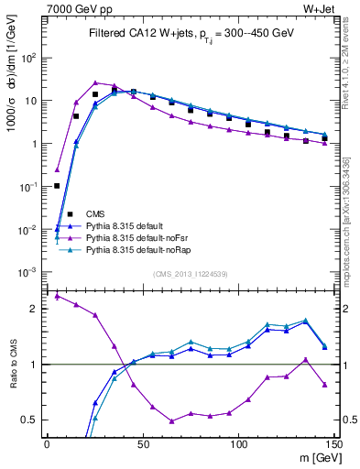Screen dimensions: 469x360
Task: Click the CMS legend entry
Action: pyautogui.click(x=95, y=213)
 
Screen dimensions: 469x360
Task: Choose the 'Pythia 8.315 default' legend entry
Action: pyautogui.click(x=129, y=224)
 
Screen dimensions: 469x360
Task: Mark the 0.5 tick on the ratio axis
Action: pyautogui.click(x=33, y=420)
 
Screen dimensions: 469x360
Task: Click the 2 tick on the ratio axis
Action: pyautogui.click(x=37, y=309)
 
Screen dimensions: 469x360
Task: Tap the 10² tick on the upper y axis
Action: pyautogui.click(x=31, y=58)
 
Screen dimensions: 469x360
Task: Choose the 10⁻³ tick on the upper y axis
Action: pyautogui.click(x=31, y=273)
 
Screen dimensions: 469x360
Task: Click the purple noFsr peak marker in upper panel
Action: pyautogui.click(x=94, y=82)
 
